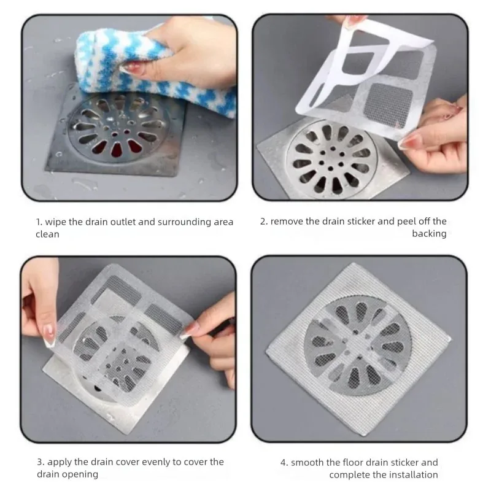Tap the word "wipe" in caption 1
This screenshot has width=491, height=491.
[x=54, y=222]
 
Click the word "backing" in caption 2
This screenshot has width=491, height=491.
[x=429, y=234]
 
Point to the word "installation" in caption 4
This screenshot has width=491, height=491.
[x=412, y=474]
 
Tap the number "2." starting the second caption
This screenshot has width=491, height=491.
[x=264, y=222]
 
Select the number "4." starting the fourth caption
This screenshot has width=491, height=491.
[x=284, y=462]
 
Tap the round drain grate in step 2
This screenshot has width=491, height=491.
[x=332, y=157]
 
